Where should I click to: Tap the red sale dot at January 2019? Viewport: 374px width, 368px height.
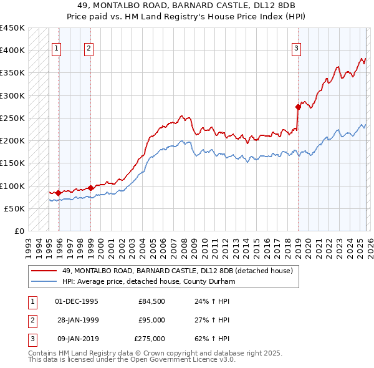coord(298,107)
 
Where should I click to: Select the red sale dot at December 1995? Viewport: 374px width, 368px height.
coord(58,193)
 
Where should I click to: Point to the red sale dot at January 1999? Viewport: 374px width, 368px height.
coord(90,188)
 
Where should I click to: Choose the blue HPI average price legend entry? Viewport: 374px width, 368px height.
coord(148,281)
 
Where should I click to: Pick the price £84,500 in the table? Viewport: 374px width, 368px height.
coord(151,301)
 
